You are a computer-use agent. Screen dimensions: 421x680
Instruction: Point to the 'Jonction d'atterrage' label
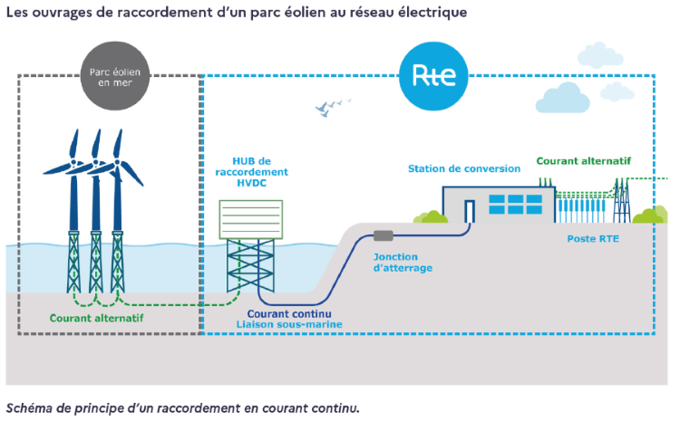point(403,263)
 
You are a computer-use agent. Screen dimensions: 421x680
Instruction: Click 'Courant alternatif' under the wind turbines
point(96,319)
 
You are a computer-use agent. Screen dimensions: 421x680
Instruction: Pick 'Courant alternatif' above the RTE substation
point(583,161)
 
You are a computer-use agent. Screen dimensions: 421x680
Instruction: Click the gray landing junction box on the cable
point(383,236)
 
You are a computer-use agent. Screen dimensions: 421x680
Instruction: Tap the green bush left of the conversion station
point(430,216)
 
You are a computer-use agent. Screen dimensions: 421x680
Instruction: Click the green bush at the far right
point(650,215)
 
